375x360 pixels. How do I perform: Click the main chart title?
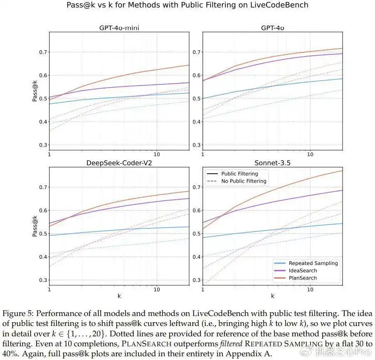coord(187,5)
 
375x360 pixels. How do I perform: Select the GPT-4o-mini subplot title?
coord(119,28)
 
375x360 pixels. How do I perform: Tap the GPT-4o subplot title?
coord(272,28)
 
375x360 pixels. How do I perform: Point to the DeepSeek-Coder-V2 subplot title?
coord(119,163)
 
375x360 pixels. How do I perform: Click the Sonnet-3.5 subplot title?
coord(272,163)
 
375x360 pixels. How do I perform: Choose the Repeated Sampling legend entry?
coord(313,263)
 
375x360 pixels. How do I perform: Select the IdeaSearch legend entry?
coord(303,271)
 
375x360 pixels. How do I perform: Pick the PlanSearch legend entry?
coord(303,278)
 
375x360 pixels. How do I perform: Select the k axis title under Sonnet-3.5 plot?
coord(272,296)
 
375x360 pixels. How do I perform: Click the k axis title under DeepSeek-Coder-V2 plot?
coord(119,296)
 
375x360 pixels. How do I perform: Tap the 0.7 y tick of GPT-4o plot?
coord(196,52)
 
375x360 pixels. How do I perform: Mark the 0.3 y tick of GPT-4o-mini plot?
coord(42,145)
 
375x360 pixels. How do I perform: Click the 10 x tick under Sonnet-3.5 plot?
coord(310,289)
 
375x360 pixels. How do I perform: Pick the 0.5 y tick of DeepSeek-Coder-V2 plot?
coord(42,234)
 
